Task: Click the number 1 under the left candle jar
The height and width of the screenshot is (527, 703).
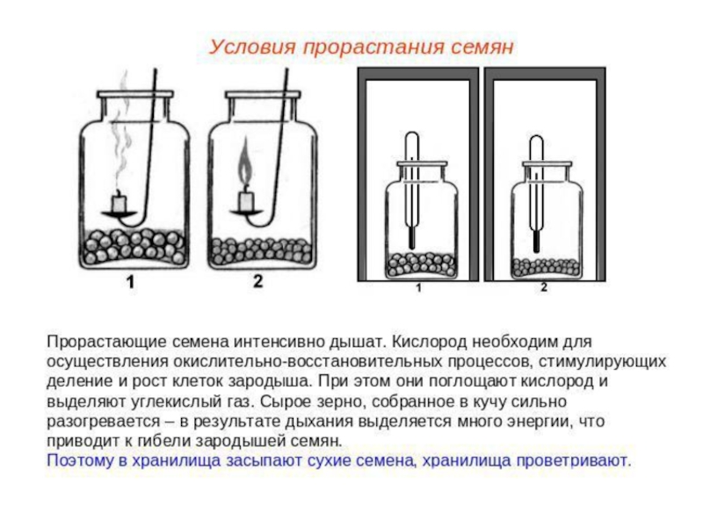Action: click(129, 282)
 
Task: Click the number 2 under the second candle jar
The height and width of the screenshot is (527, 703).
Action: click(257, 282)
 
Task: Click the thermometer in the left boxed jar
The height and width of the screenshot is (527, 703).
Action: click(410, 189)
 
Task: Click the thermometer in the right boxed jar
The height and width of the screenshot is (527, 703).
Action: click(534, 189)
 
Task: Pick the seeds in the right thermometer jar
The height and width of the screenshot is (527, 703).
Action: click(546, 267)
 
